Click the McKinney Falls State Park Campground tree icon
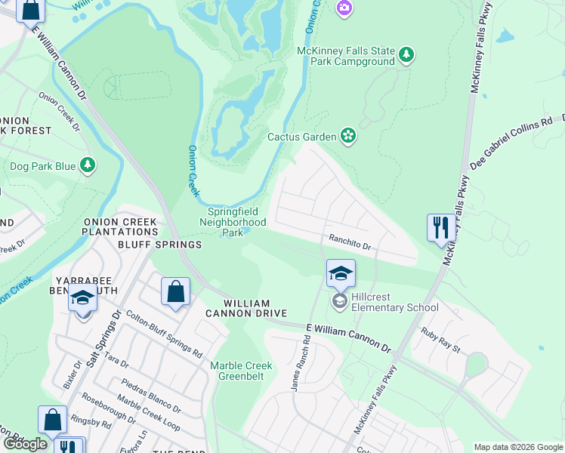coord(407,54)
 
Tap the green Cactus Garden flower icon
coord(348,136)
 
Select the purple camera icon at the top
coord(344,8)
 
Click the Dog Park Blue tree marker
coord(88,165)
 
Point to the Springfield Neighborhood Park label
coord(233,223)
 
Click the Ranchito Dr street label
coord(349,242)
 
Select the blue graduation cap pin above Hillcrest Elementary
coord(341,273)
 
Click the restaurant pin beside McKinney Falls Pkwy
coord(440,228)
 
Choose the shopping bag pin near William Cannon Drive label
coord(175,291)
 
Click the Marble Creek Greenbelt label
coord(241,371)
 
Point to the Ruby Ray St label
coord(441,339)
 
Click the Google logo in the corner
coord(25,444)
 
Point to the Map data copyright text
coord(518,447)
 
